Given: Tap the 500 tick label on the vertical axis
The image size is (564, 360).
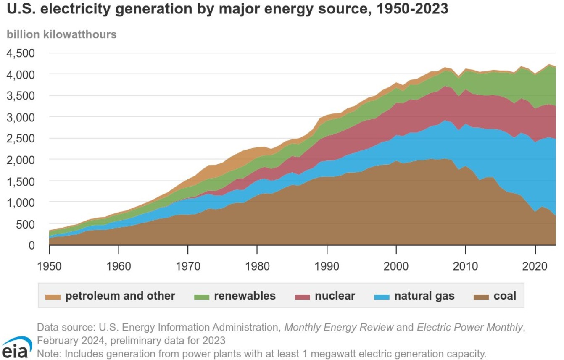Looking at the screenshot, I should coord(24,224).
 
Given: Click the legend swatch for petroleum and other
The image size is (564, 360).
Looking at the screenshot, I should coord(53,297).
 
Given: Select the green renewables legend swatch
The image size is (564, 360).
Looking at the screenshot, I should coord(202,297).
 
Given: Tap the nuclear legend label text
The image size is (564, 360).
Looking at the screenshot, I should coord(335,296).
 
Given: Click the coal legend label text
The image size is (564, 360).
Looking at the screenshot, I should coord(505,296).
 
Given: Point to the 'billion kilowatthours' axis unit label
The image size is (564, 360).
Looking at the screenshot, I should coord(61,34).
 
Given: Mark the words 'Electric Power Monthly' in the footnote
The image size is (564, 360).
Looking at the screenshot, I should coord(470,327).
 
